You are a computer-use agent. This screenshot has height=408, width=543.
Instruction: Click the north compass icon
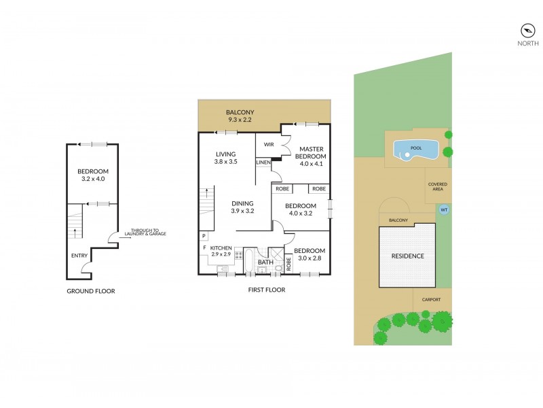(527, 30)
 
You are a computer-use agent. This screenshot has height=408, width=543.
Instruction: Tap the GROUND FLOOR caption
(91, 291)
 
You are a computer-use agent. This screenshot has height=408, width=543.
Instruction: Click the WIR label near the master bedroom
(269, 144)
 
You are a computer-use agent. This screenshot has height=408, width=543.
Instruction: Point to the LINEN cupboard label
(263, 163)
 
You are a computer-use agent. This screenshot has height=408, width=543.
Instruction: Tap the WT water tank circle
(444, 209)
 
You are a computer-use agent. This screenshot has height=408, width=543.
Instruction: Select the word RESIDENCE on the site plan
(407, 256)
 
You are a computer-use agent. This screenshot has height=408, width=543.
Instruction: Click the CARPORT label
(431, 299)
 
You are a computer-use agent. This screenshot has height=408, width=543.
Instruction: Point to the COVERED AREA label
(437, 187)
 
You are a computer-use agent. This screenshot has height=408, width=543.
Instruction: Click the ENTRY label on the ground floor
(79, 256)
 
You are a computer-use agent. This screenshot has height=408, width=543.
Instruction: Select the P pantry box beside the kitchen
(204, 236)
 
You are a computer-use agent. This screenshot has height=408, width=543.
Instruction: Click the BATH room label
(265, 261)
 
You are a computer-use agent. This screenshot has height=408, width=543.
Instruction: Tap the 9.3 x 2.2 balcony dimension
(240, 120)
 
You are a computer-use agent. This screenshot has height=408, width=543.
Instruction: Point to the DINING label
(242, 203)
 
